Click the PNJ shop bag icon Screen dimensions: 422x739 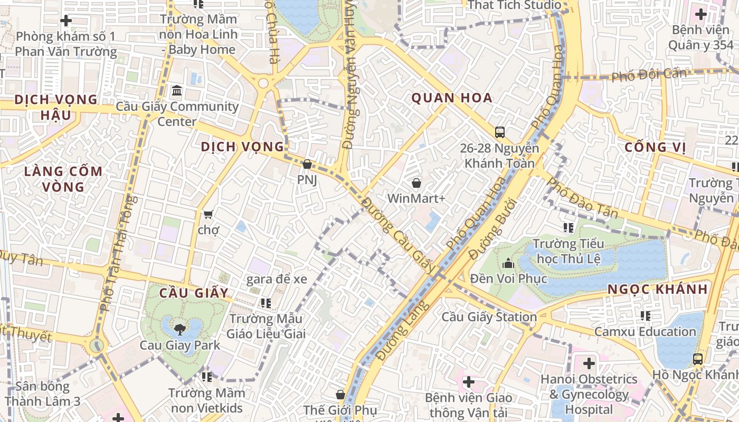307,165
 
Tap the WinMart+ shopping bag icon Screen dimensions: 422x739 416,184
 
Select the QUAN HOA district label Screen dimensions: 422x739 451,98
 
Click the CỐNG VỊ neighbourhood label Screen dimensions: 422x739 655,147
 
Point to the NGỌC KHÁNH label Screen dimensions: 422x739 657,289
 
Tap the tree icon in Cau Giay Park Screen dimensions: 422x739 179,330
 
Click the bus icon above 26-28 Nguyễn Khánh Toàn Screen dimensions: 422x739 499,132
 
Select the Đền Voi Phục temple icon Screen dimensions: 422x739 508,262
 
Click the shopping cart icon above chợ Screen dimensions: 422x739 208,214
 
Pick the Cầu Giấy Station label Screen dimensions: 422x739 489,317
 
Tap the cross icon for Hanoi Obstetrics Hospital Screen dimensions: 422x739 589,363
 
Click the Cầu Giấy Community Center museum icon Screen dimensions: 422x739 177,91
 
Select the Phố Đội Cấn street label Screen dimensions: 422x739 649,74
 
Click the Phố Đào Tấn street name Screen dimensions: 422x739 582,198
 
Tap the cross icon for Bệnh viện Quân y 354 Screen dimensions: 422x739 701,14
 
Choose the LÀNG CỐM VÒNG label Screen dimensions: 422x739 63,179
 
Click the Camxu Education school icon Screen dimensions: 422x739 645,316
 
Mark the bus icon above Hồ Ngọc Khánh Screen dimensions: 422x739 697,359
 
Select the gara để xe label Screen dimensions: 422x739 276,279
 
